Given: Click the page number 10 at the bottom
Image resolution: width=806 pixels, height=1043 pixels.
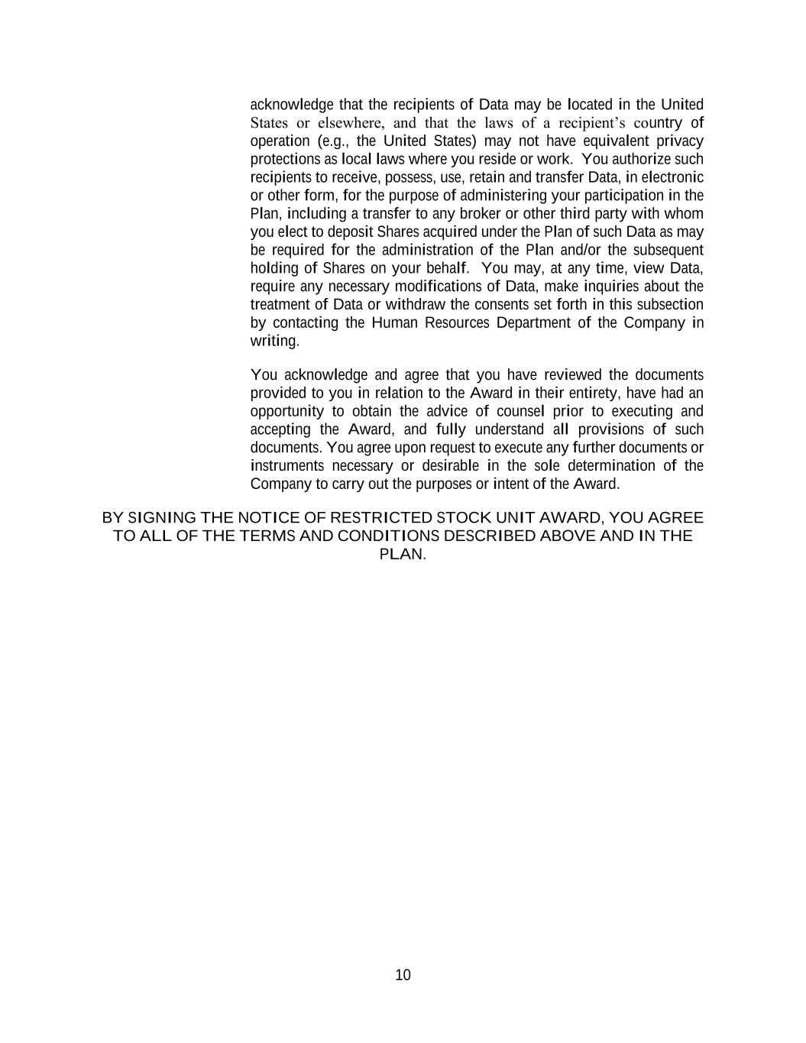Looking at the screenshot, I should pos(403,975).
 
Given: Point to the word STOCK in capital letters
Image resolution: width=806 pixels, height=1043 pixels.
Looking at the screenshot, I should pos(463,518).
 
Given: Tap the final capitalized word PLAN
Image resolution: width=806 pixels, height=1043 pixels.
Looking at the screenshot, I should pos(401,554).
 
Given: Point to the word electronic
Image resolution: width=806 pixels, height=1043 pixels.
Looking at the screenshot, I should pos(672,177).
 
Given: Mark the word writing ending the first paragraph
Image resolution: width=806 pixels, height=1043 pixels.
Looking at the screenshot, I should pos(274,341).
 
